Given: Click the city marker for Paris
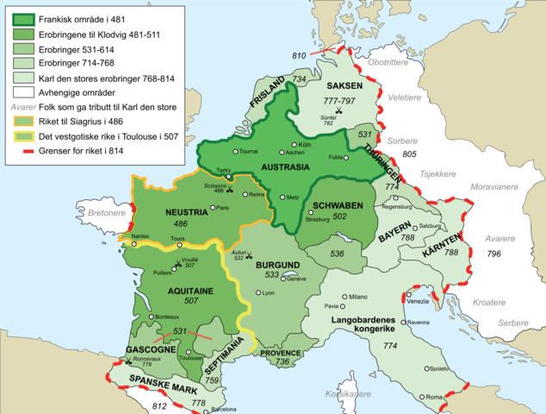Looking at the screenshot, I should [213, 208].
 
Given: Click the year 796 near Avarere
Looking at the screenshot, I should [493, 254].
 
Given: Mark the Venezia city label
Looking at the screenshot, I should [419, 301].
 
